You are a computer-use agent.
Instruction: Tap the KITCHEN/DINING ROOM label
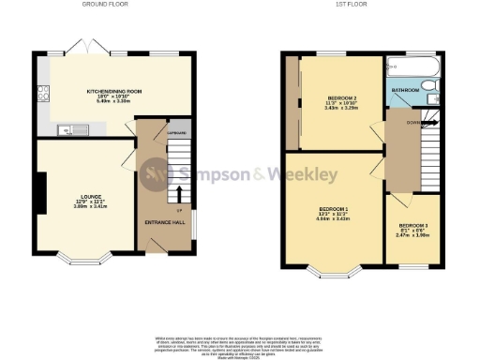pos(115,91)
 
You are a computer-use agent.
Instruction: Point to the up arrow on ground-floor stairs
pos(180,195)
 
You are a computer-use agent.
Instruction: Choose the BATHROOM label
pos(406,90)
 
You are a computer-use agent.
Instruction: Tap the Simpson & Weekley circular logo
pos(155,173)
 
